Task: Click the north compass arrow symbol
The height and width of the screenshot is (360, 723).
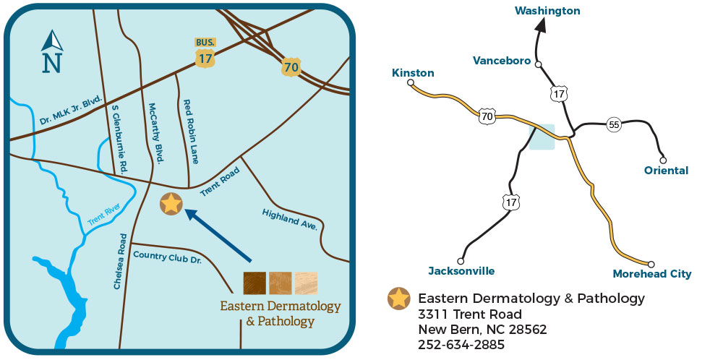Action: pos(52,52)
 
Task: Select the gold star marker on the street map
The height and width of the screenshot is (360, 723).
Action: pos(171,205)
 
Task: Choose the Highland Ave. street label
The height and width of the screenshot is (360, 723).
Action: pos(290,219)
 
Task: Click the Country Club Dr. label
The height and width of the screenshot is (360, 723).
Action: pos(167,256)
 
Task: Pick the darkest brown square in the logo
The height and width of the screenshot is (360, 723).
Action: pos(254,283)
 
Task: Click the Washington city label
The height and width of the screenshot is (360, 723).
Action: pos(547,11)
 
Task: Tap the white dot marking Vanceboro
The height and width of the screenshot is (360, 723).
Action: pos(538,64)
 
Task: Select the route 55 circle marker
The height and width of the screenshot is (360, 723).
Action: pos(614,124)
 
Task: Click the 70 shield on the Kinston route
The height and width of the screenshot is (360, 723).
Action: pos(487,116)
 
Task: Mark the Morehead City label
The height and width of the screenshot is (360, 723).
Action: pos(651,274)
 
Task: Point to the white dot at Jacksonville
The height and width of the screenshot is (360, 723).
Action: pos(461,261)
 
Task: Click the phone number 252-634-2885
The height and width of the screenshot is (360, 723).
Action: pos(461,345)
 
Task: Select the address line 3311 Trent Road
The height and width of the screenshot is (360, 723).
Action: pos(469,314)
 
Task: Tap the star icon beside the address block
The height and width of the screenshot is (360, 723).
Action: pos(398,299)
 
